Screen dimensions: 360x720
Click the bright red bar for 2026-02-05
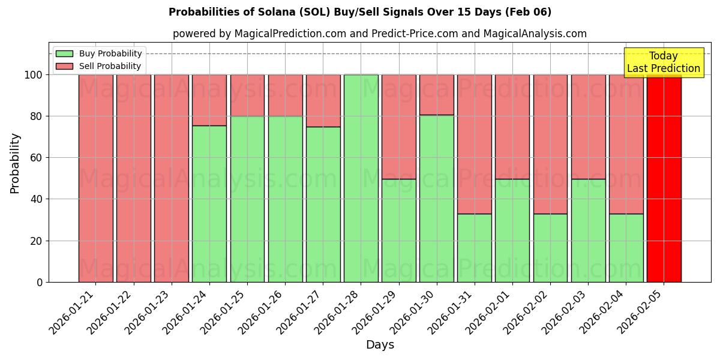point(664,178)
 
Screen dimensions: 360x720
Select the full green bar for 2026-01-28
point(361,178)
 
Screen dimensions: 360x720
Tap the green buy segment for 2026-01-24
point(209,204)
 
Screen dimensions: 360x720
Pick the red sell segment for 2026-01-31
point(475,144)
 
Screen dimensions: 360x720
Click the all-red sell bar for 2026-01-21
point(96,178)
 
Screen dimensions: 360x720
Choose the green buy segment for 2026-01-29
point(399,230)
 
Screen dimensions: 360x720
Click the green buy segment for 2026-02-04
point(626,248)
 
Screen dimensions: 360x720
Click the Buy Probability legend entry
point(99,54)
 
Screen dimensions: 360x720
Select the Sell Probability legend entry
point(99,66)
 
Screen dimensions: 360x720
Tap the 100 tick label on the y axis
point(34,75)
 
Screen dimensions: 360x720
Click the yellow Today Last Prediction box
point(664,62)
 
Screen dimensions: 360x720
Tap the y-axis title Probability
point(15,163)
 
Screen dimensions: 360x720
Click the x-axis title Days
point(380,345)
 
